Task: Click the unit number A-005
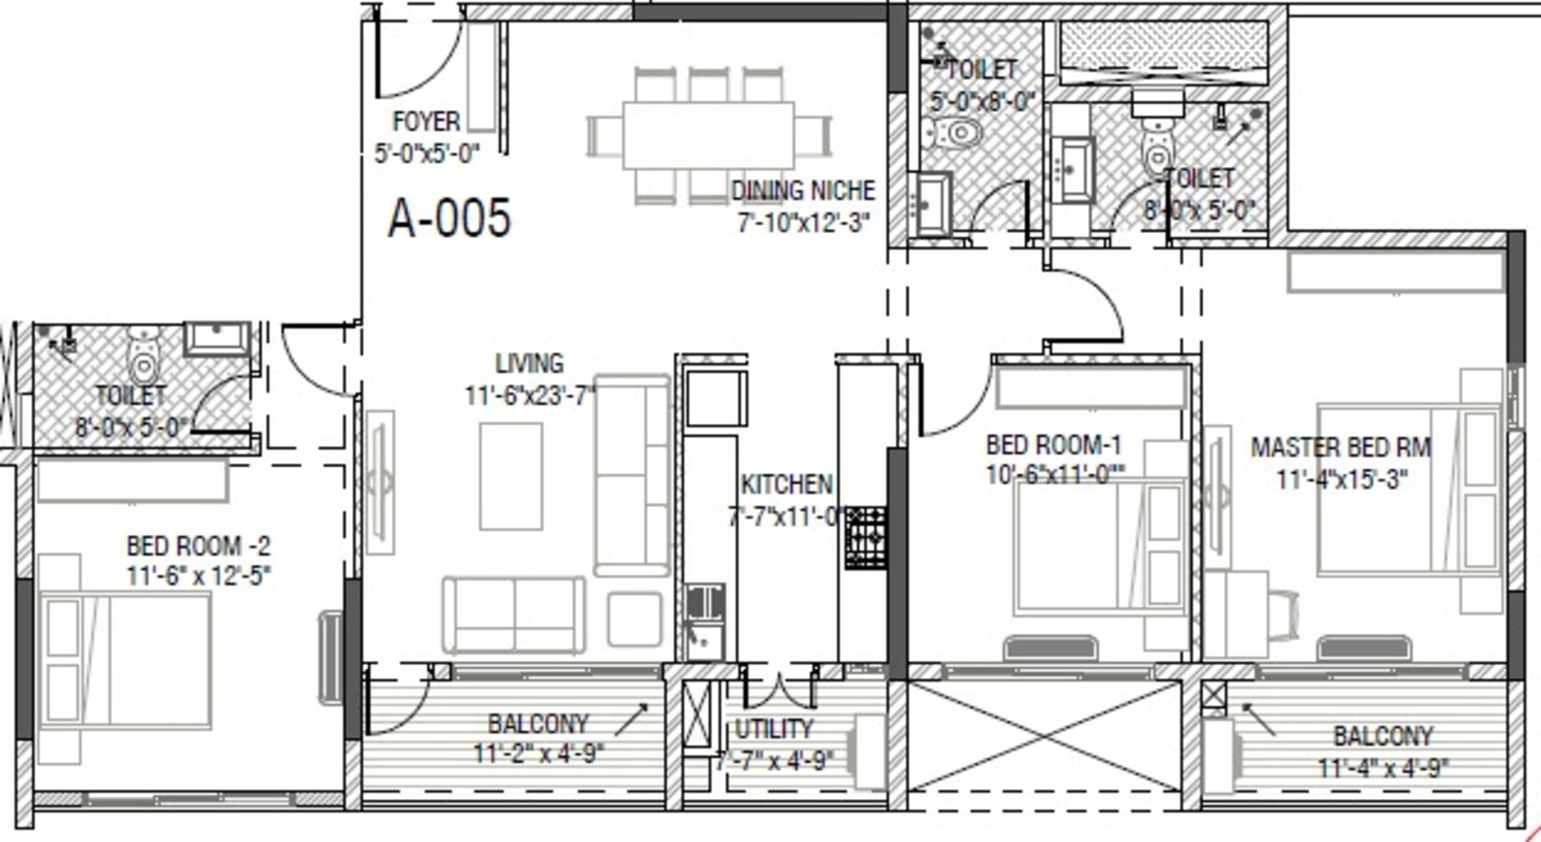point(450,218)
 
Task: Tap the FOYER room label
point(426,122)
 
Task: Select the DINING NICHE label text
point(803,191)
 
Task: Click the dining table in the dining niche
point(709,136)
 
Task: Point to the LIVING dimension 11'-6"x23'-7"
point(530,396)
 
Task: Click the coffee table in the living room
point(511,476)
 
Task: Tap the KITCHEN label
point(786,485)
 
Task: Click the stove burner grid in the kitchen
point(865,538)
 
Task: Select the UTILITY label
point(774,729)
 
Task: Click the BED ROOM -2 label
point(199,546)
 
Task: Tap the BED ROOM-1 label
point(1054,445)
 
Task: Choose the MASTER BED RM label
point(1341,447)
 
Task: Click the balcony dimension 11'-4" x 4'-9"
point(1384,767)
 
